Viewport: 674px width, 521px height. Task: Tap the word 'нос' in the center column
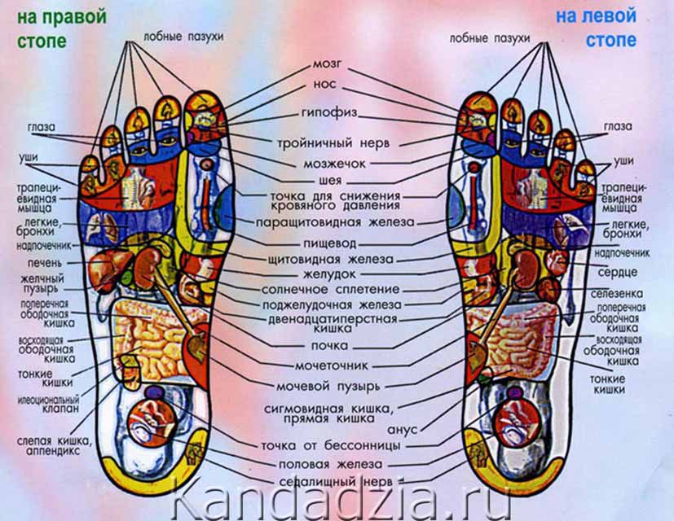[324, 85]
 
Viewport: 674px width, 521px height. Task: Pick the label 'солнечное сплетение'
[330, 289]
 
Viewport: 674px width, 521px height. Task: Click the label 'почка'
[330, 345]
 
